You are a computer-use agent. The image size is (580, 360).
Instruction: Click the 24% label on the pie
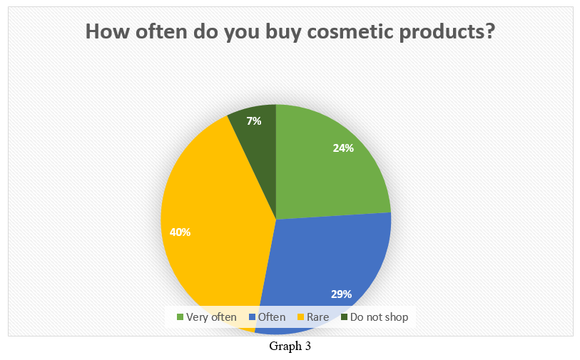[343, 148]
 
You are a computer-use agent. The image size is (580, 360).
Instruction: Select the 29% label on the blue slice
[341, 294]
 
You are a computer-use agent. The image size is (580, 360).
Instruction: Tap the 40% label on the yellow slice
[180, 232]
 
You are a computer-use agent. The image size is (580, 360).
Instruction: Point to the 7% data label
[254, 121]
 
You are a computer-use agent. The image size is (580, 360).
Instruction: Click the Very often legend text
[211, 317]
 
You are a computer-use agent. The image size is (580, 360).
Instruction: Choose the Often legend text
[272, 317]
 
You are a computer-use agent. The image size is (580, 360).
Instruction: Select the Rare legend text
[317, 317]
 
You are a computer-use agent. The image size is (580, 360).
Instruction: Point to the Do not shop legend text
[379, 317]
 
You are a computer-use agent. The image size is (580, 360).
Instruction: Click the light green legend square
[180, 317]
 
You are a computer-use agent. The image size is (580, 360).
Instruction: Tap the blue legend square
[253, 317]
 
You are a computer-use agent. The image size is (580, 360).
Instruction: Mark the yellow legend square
[301, 317]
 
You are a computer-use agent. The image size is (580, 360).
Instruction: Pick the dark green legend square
[345, 317]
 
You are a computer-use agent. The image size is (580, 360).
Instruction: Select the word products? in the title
[447, 32]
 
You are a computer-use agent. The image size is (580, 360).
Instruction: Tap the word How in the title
[108, 31]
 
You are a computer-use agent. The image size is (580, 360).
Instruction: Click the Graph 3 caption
[290, 346]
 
